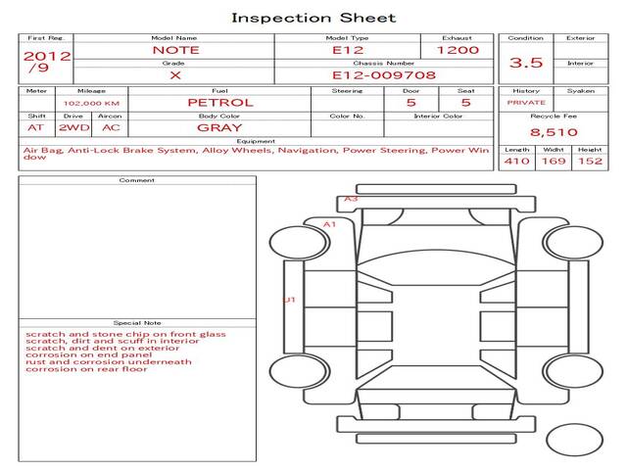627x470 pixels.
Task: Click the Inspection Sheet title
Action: [x=313, y=18]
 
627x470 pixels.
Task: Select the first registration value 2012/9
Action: [x=47, y=61]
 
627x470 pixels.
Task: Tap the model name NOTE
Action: [x=175, y=50]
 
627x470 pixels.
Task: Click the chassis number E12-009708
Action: [x=384, y=75]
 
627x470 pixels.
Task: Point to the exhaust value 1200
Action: [x=458, y=50]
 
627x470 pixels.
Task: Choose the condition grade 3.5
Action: [x=526, y=63]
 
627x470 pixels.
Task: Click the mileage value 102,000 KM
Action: [x=91, y=103]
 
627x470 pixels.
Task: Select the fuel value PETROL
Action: [x=220, y=103]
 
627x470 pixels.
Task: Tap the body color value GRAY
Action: [x=219, y=128]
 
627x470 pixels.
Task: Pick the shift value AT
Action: [x=35, y=128]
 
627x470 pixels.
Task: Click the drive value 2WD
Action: [x=74, y=128]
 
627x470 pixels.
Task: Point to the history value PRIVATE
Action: [x=526, y=103]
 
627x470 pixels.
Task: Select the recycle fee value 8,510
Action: [x=554, y=132]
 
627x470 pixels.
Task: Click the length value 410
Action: [x=517, y=161]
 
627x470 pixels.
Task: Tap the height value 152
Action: [x=590, y=161]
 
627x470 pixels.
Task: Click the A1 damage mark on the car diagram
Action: [x=329, y=224]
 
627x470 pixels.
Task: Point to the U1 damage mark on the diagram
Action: [x=290, y=300]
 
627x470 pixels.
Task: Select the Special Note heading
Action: [x=137, y=323]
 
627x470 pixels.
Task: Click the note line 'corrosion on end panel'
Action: [x=89, y=354]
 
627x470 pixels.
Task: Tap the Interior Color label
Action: [x=438, y=117]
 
